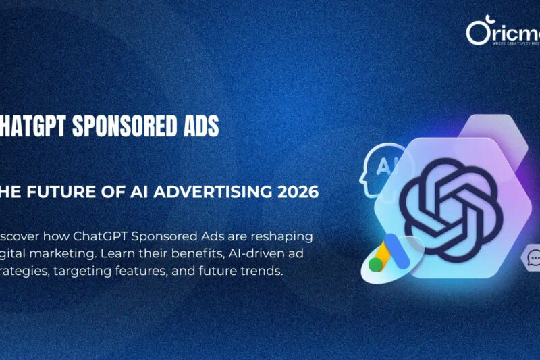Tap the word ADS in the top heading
coord(200,126)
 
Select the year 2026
coord(294,192)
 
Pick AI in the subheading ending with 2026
coord(131,192)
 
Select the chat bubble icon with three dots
coord(534,259)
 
